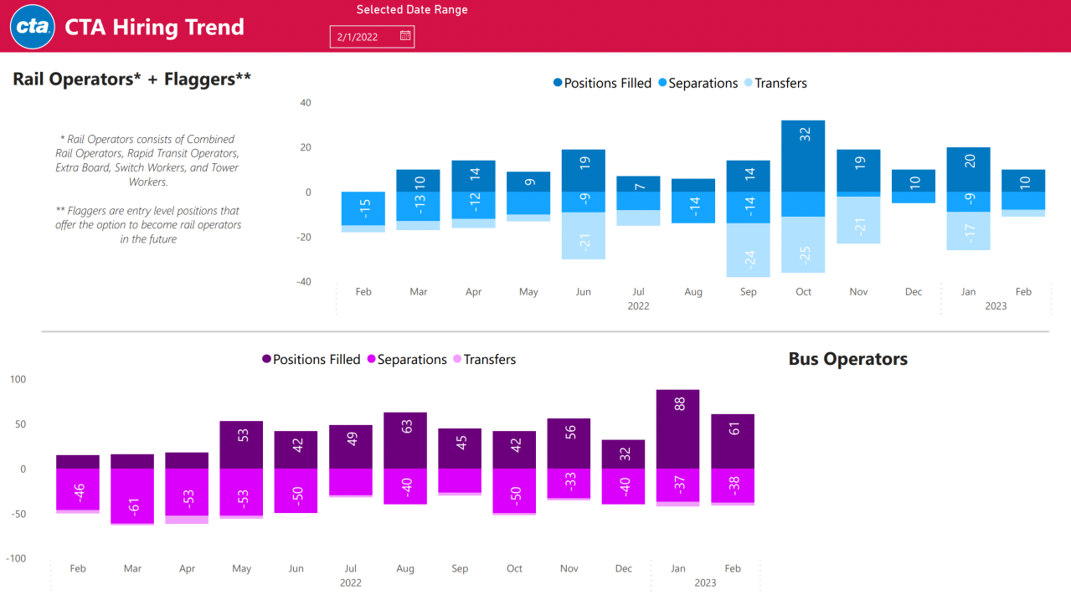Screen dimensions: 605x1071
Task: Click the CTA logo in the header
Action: pos(33,27)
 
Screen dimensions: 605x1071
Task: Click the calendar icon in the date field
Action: pos(405,36)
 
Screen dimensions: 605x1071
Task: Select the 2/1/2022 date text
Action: pos(357,37)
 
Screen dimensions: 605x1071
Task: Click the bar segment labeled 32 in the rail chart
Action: pos(803,156)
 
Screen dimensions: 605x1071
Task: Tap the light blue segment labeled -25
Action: pos(803,245)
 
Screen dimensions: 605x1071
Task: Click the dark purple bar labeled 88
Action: pos(677,428)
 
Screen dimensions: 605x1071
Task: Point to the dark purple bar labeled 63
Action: pos(405,440)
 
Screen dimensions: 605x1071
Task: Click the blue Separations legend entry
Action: pos(702,83)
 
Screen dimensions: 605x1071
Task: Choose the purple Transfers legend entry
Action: pos(489,359)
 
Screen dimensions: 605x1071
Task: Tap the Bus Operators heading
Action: pos(847,359)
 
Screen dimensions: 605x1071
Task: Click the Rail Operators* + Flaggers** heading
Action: pos(132,79)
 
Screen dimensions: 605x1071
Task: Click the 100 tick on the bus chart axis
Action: pos(18,379)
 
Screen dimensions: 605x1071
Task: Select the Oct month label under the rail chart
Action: pos(803,292)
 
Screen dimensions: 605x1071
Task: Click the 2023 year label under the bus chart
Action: pos(705,582)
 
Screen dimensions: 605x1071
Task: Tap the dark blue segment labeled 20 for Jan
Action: pos(968,169)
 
